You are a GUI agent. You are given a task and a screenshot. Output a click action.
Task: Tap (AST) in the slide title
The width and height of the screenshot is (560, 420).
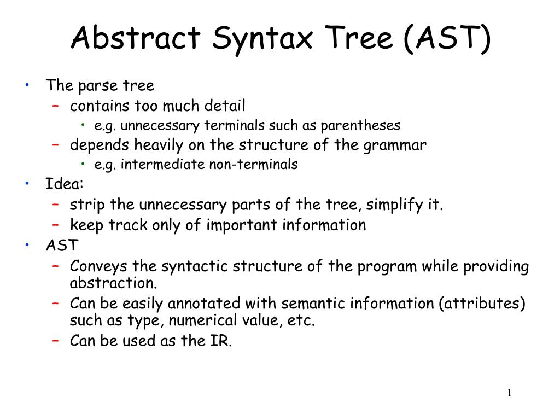click(447, 38)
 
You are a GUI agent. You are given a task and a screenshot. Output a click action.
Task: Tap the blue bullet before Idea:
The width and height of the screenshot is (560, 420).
click(27, 184)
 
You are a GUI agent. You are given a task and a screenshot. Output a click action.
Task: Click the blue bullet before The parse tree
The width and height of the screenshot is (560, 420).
click(27, 85)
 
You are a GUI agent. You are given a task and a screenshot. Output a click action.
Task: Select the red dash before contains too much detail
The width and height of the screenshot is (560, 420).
click(56, 106)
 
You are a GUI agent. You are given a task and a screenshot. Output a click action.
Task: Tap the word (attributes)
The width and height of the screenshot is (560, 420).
click(482, 304)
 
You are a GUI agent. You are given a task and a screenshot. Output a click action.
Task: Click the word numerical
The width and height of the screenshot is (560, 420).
click(205, 320)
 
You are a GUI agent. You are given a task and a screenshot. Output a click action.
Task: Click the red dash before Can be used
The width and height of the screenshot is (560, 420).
click(56, 341)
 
